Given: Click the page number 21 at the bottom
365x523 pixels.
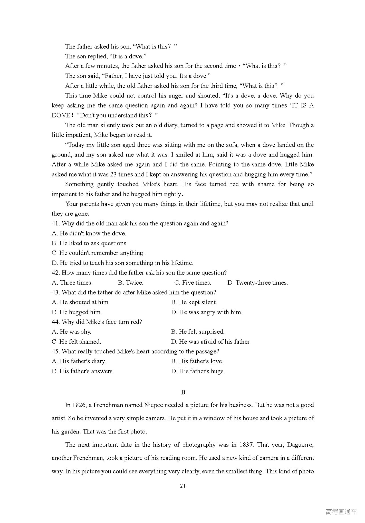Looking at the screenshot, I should coord(183,486).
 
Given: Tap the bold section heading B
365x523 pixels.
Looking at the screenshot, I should coord(183,392).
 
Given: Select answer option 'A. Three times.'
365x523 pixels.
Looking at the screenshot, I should coord(72,283).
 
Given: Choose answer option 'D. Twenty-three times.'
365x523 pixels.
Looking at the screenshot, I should coord(257,283).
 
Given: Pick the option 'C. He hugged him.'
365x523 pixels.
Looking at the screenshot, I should coord(76,312).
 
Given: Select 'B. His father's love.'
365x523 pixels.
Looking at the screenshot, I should coord(197,361).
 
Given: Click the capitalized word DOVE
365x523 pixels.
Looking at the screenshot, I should coord(61,115).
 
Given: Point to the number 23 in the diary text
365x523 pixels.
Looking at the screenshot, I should coord(113,174).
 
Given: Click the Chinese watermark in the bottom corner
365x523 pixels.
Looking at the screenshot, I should coord(341,512).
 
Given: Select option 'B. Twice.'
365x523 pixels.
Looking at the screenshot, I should coord(130,283).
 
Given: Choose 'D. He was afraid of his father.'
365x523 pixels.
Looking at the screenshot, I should coord(211,341).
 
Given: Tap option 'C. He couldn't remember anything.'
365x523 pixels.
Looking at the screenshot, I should coord(98,253).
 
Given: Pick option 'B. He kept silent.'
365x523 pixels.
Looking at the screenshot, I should coord(194,302).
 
